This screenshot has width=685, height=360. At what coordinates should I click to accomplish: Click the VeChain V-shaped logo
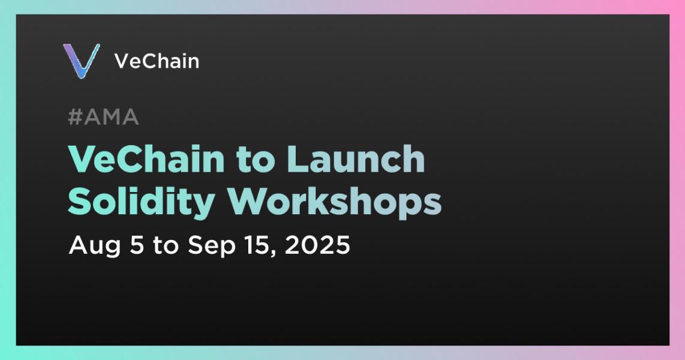pos(82,61)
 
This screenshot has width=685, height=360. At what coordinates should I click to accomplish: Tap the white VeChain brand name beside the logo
pos(157,61)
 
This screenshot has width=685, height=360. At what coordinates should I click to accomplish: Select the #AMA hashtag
pos(104,117)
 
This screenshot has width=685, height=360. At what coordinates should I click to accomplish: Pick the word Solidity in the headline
pos(141,202)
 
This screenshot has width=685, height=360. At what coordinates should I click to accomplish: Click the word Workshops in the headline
pos(335,202)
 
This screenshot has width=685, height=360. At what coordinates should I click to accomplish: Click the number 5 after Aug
pos(137,245)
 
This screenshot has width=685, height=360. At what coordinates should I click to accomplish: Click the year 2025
pos(317,245)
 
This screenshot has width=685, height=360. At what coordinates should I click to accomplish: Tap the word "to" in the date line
pos(166,246)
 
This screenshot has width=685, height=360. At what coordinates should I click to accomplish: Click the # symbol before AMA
pos(75,117)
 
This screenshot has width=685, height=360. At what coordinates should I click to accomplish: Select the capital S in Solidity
pos(79,202)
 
